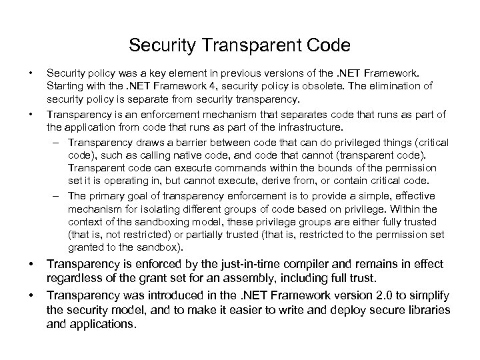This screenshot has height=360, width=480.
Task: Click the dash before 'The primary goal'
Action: click(58, 195)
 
